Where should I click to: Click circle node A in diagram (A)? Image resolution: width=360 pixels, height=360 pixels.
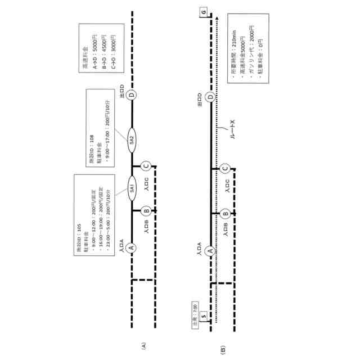tap(131, 247)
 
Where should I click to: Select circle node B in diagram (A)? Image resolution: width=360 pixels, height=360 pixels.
tap(146, 211)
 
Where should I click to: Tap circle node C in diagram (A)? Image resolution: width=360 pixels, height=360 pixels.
tap(146, 166)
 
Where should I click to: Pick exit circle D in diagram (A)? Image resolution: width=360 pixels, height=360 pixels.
tap(131, 94)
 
